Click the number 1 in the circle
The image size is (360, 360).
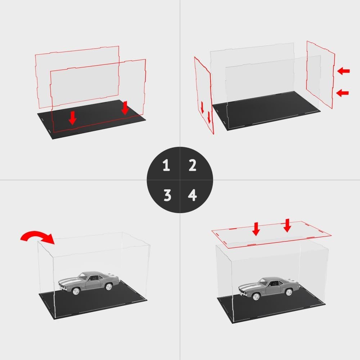click(166, 165)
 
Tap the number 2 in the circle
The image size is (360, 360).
click(192, 165)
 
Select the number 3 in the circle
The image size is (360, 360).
click(167, 195)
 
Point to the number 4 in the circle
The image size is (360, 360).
click(192, 195)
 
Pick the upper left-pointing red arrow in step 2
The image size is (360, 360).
click(343, 71)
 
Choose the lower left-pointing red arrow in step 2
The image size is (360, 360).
click(342, 93)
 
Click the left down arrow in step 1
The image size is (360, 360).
click(73, 118)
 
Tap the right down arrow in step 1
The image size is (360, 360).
click(125, 108)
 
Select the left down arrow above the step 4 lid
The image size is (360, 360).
click(256, 229)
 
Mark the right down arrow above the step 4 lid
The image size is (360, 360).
click(287, 225)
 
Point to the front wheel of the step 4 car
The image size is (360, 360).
click(256, 297)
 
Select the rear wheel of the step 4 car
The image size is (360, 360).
click(288, 292)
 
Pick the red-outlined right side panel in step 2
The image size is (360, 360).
click(320, 75)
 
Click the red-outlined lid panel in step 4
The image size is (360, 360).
click(271, 235)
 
